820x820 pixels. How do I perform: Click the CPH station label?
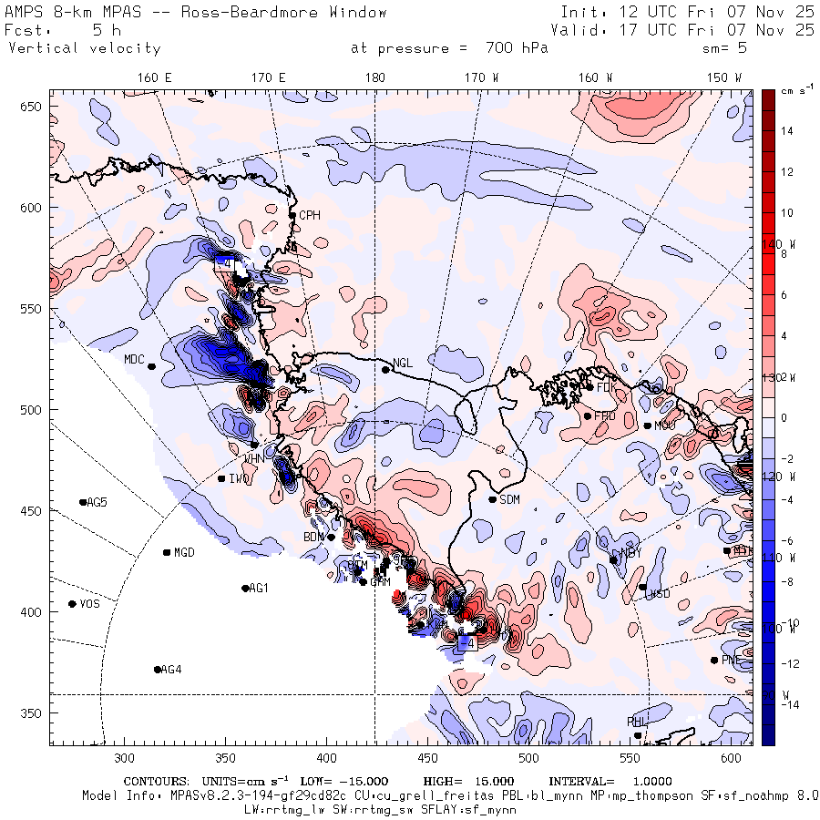(x=311, y=215)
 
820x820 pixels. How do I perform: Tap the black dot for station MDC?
(x=151, y=366)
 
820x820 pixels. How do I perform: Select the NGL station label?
(x=402, y=364)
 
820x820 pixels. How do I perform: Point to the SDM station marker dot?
(x=493, y=499)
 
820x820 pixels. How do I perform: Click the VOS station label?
(x=89, y=604)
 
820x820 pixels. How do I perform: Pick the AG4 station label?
(x=171, y=670)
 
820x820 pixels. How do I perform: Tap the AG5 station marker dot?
(x=83, y=502)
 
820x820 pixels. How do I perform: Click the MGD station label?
(x=184, y=553)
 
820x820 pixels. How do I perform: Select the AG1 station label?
(x=259, y=589)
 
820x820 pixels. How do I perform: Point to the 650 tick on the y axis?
(x=33, y=108)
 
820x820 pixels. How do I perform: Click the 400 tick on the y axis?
(x=33, y=611)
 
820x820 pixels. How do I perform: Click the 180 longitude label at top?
(x=374, y=78)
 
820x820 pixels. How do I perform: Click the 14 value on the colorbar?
(x=786, y=131)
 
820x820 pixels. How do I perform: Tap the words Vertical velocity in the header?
(x=85, y=48)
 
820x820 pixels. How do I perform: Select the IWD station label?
(x=240, y=479)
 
